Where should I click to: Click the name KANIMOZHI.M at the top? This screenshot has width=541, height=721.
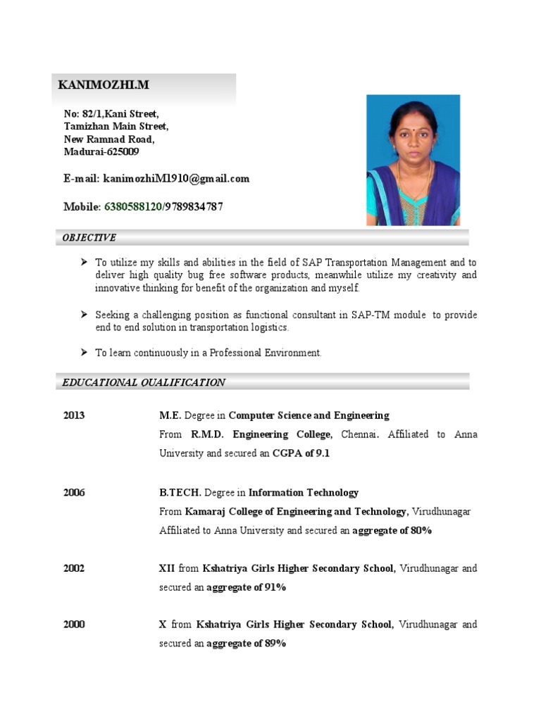pyautogui.click(x=103, y=85)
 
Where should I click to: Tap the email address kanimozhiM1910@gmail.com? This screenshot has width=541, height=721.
pyautogui.click(x=176, y=179)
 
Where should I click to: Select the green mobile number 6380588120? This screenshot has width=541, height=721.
pyautogui.click(x=133, y=207)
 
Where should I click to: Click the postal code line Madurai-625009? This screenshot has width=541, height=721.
pyautogui.click(x=101, y=151)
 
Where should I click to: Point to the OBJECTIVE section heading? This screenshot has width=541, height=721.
pyautogui.click(x=89, y=238)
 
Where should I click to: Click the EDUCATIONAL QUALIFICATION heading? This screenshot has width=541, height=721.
pyautogui.click(x=144, y=382)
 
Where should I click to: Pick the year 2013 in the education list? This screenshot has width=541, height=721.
pyautogui.click(x=73, y=415)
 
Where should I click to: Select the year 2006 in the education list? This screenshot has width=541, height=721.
pyautogui.click(x=73, y=493)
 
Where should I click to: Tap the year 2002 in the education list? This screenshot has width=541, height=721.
pyautogui.click(x=73, y=568)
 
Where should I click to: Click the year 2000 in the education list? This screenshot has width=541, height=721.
pyautogui.click(x=73, y=625)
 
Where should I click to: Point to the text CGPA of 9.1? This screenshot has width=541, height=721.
pyautogui.click(x=301, y=453)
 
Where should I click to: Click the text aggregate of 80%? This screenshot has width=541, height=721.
pyautogui.click(x=392, y=531)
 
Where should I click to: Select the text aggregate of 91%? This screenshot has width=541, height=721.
pyautogui.click(x=246, y=587)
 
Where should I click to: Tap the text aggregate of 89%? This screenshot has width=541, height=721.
pyautogui.click(x=246, y=644)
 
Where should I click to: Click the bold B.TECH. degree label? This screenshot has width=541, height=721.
pyautogui.click(x=180, y=493)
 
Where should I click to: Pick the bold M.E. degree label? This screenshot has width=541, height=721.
pyautogui.click(x=170, y=415)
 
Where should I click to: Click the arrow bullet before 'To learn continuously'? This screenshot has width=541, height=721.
pyautogui.click(x=83, y=352)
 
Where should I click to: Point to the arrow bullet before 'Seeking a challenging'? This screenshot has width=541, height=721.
pyautogui.click(x=83, y=315)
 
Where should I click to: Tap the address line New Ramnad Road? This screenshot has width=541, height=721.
pyautogui.click(x=109, y=139)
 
